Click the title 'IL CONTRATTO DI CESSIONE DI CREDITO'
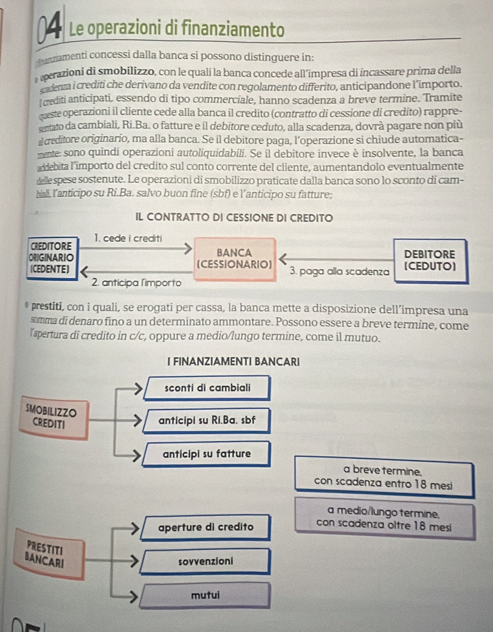tap(246, 217)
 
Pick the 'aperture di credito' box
tap(206, 526)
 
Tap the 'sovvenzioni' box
tap(206, 560)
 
